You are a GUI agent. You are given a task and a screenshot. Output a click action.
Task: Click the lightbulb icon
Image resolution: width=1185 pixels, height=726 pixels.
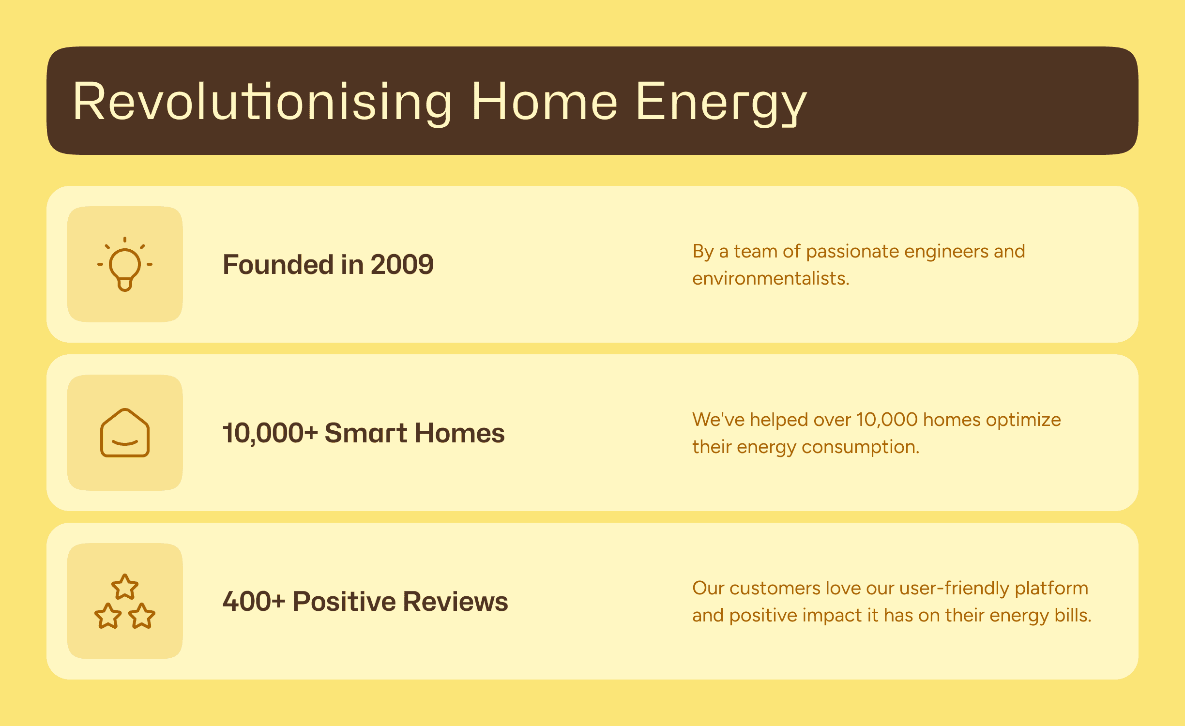(x=125, y=264)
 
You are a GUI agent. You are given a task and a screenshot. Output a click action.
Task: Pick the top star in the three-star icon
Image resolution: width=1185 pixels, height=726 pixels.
(x=125, y=587)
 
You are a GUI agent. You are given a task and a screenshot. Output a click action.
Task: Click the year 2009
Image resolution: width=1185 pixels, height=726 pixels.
(x=402, y=265)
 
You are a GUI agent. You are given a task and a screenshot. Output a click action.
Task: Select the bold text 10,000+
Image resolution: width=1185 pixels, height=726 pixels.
(x=270, y=433)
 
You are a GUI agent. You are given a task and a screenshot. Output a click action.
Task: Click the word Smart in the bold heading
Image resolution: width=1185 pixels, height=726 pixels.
(x=366, y=433)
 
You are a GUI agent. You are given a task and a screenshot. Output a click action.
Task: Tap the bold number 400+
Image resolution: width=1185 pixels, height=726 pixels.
(x=254, y=601)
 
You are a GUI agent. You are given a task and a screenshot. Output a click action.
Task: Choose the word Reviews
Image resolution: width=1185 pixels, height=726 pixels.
(x=456, y=601)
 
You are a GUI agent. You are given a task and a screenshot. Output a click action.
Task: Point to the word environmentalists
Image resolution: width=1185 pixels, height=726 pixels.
(x=771, y=278)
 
